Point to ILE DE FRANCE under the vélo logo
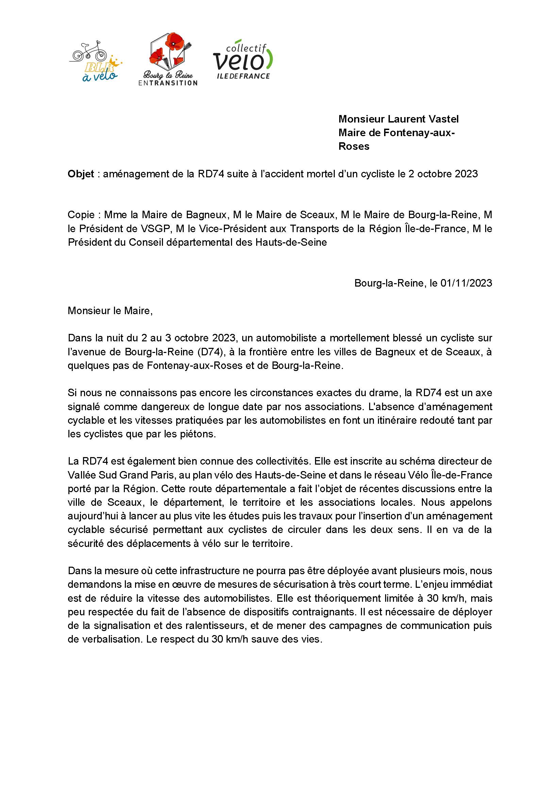click(x=243, y=76)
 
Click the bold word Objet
click(x=81, y=174)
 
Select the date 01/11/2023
click(x=466, y=283)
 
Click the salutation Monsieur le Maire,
click(x=110, y=311)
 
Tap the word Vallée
click(x=82, y=475)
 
